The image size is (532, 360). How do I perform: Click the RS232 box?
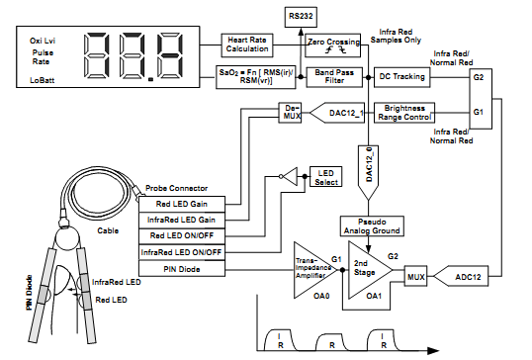(301, 17)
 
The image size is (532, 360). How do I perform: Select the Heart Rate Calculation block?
(247, 45)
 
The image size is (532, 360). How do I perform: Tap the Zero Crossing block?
(333, 45)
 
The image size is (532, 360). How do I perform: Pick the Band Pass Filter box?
(334, 77)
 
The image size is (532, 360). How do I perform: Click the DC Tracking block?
(402, 77)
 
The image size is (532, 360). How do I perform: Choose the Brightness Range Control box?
(404, 113)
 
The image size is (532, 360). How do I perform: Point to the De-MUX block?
(290, 113)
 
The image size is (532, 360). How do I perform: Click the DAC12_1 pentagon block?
(337, 113)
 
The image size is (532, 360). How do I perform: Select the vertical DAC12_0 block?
(368, 173)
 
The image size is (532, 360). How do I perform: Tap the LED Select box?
(325, 176)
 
